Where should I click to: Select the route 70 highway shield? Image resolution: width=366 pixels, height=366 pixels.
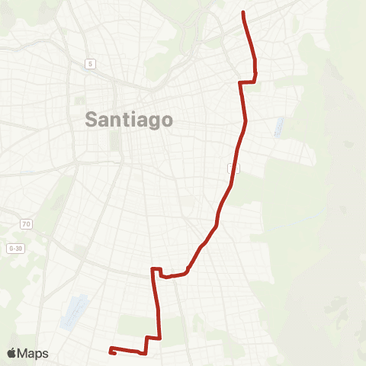[26, 224]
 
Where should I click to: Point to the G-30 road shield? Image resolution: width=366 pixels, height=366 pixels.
[15, 249]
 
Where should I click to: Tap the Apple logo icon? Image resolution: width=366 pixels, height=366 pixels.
[12, 353]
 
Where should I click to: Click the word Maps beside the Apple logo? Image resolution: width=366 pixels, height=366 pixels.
[34, 353]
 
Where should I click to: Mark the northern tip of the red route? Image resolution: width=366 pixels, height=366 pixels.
[242, 13]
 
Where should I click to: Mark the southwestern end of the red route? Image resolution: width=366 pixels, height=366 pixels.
[111, 352]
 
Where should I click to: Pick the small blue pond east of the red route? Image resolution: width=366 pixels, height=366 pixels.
[278, 127]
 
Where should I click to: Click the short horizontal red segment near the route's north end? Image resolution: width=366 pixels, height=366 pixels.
[247, 82]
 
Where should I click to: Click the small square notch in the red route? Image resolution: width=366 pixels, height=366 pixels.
[156, 271]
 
